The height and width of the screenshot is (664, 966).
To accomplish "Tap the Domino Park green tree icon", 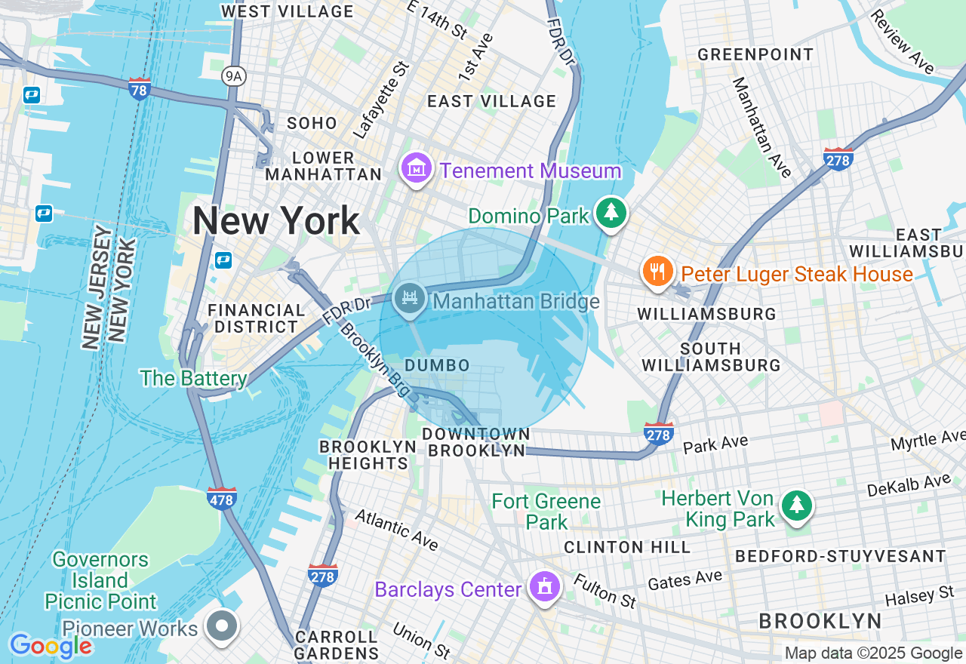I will (611, 213).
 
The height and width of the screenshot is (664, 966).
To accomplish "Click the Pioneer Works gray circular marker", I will (223, 626).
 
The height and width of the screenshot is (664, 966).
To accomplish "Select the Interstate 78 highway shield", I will (140, 88).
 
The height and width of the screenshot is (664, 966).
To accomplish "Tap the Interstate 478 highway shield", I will (222, 498).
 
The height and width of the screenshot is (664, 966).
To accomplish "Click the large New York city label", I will (275, 221).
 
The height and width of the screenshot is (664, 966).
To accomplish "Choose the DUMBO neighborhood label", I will (437, 365).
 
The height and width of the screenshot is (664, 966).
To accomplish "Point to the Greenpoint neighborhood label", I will (755, 54).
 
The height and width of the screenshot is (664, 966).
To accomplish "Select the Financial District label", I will (257, 318).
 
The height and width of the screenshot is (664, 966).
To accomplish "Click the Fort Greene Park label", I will (546, 511).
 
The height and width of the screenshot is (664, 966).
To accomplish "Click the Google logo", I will (51, 645).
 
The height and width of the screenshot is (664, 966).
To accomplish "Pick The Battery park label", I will (193, 378).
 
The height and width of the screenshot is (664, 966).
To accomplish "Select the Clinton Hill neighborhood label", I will (626, 546).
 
